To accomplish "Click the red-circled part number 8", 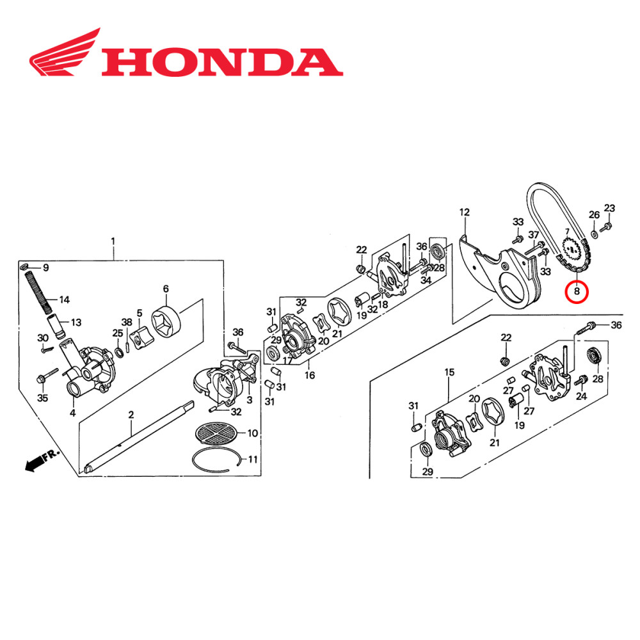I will coord(577,292).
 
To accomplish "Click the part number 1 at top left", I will coord(113,241).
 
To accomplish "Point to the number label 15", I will coord(449,372).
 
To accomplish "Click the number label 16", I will coord(310,375).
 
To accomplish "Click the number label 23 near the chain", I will coord(609,208).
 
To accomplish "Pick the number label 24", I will coord(581,397).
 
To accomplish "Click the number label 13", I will coord(76,322).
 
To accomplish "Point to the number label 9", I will coord(45,267).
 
